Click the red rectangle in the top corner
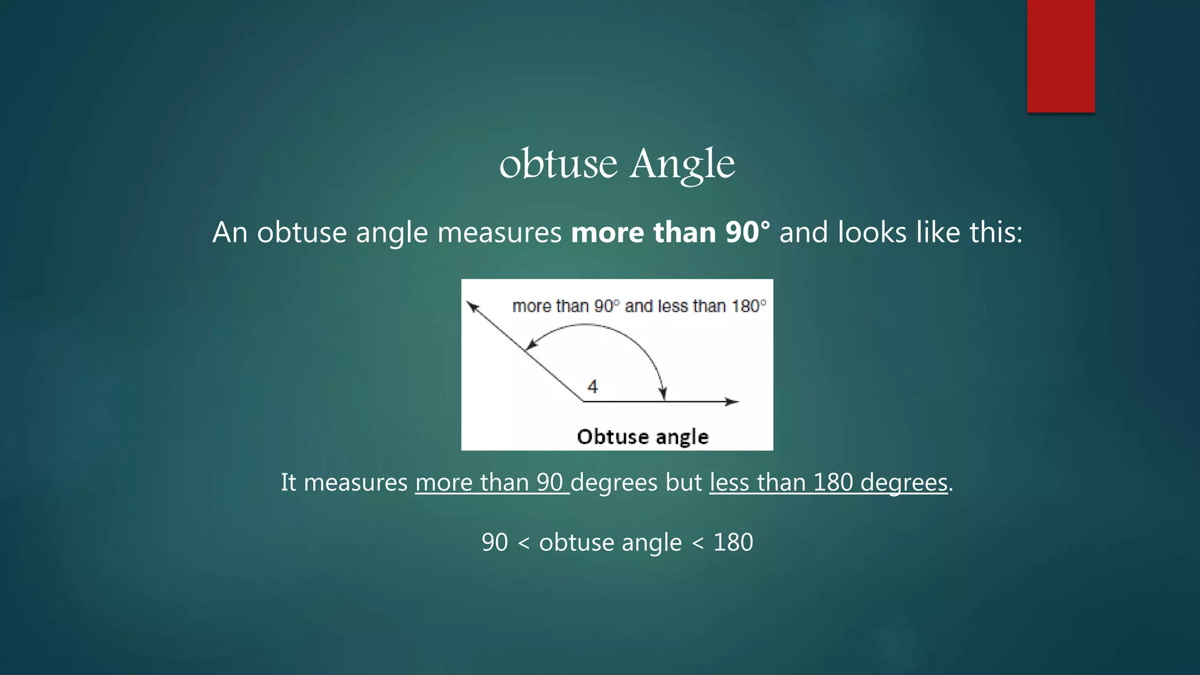pos(1061,56)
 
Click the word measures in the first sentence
pos(499,232)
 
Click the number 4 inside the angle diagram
pos(592,387)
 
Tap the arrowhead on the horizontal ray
pos(732,401)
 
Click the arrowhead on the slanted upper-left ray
pos(472,306)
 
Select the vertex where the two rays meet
pos(583,401)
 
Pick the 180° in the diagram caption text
pos(748,306)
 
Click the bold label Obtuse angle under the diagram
pos(642,437)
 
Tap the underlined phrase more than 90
pos(491,482)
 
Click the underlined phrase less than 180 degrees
pos(828,482)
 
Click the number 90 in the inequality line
pos(495,542)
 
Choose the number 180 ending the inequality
pos(732,542)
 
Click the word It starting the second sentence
pos(288,482)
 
